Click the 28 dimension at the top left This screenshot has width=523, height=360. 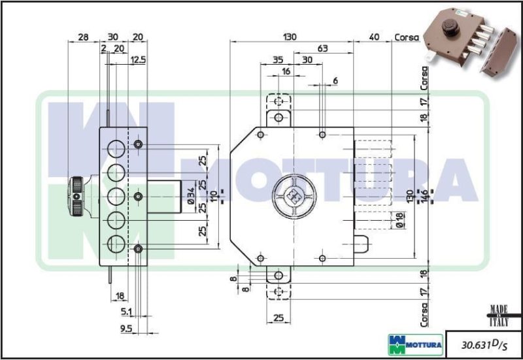click(82, 37)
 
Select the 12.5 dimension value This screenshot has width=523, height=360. click(137, 60)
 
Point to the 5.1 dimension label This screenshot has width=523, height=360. click(127, 311)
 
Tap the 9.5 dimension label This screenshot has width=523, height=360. click(127, 328)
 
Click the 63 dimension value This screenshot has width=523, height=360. click(322, 48)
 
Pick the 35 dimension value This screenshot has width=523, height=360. click(277, 60)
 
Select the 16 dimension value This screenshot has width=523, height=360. click(286, 71)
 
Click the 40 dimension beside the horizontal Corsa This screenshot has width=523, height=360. click(374, 37)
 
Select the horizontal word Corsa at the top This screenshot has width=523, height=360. click(406, 37)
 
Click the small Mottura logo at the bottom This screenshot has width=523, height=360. click(415, 342)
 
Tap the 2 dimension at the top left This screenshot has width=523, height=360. click(103, 48)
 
